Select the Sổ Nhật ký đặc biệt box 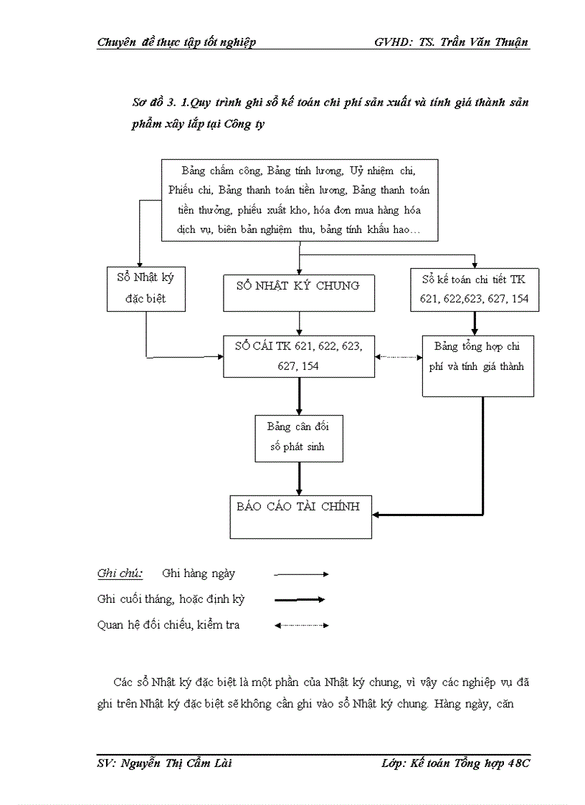(x=146, y=288)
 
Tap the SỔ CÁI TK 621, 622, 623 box (x=298, y=356)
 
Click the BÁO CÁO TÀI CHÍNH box (x=300, y=515)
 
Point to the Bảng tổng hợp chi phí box (x=477, y=366)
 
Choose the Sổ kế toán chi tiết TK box (x=475, y=289)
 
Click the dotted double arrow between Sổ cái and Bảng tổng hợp (x=398, y=356)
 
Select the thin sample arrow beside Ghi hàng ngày (x=301, y=574)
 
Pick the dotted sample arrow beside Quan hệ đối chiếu (x=301, y=625)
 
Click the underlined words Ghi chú (x=120, y=573)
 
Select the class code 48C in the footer (x=518, y=763)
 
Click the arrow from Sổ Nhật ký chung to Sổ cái (x=299, y=323)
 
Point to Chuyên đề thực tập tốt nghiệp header (x=176, y=42)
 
